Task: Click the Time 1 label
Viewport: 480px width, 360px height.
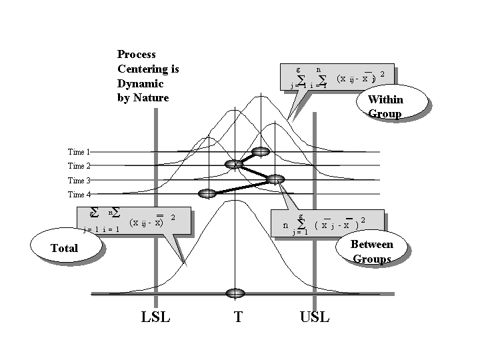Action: [79, 152]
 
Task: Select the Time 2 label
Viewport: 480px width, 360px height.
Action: [79, 166]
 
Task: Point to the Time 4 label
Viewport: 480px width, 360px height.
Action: [79, 195]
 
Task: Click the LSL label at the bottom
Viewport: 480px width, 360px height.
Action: [156, 317]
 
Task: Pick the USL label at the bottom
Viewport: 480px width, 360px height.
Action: [315, 317]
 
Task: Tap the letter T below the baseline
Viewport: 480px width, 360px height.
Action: [238, 317]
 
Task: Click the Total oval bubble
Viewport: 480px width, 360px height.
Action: [65, 248]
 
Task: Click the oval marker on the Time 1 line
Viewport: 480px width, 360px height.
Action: [261, 151]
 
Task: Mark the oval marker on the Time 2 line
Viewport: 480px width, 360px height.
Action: [234, 164]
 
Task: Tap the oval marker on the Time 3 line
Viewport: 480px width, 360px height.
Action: [275, 179]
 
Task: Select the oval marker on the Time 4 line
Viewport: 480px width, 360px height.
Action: [209, 193]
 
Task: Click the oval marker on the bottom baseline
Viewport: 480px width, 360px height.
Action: [235, 293]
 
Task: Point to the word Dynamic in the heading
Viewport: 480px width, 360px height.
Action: [141, 84]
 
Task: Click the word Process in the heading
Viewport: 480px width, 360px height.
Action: [137, 55]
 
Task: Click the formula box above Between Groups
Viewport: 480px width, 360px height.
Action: [327, 223]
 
